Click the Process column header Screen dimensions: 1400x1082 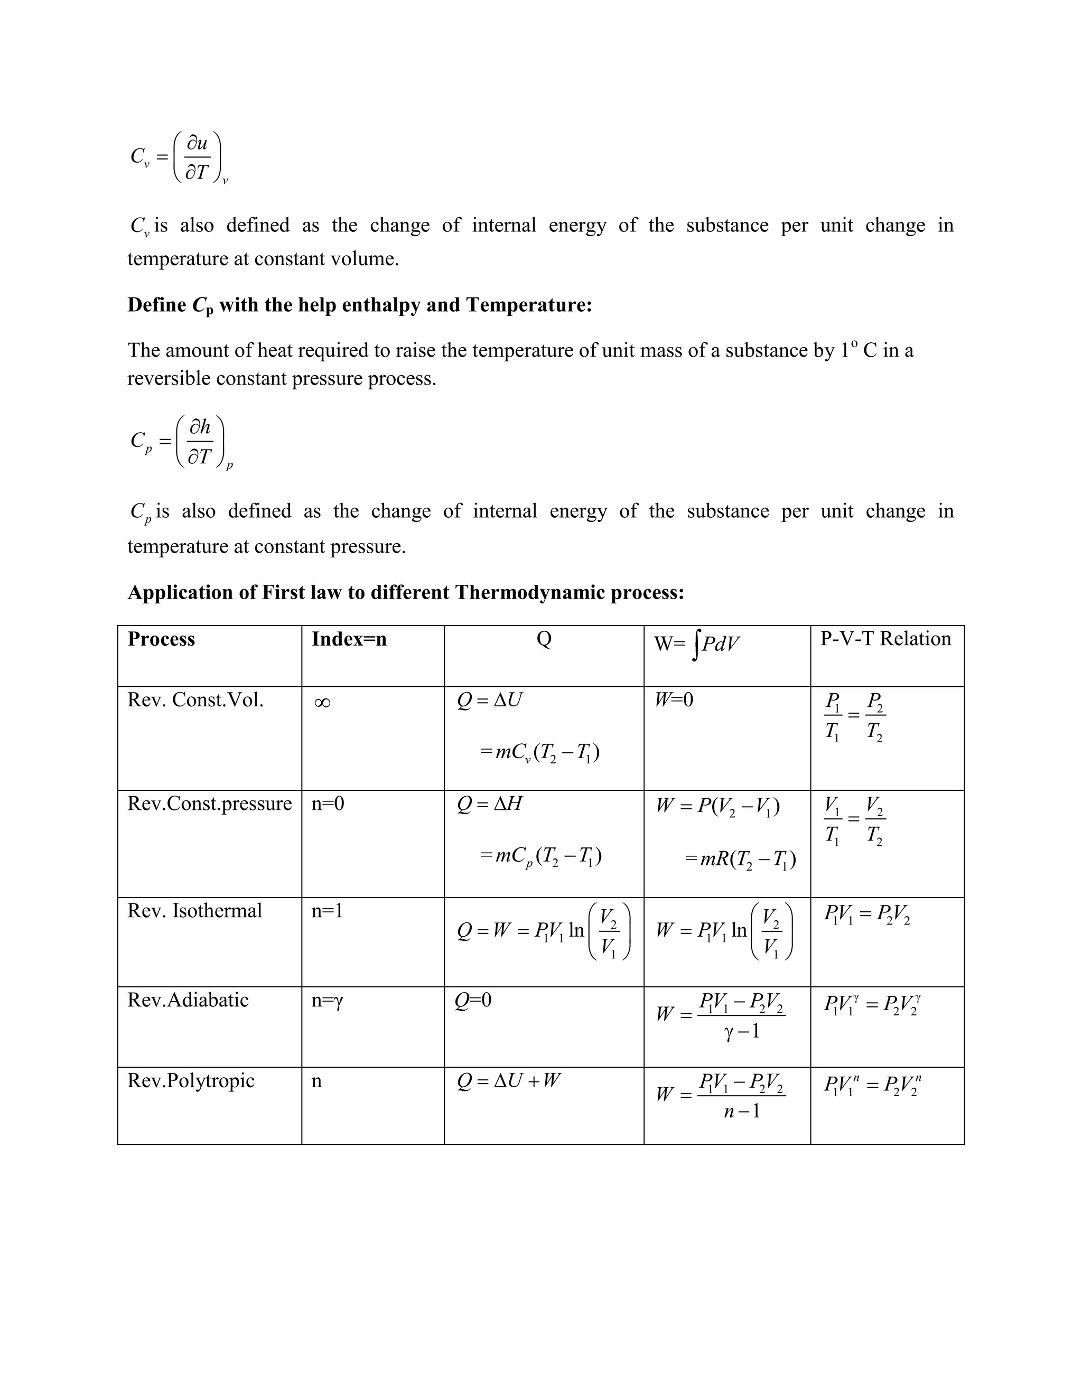click(x=161, y=639)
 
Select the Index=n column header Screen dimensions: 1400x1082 click(x=349, y=639)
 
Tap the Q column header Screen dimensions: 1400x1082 click(x=544, y=639)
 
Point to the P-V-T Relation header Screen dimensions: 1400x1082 click(x=885, y=639)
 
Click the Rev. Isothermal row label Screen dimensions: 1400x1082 click(x=194, y=911)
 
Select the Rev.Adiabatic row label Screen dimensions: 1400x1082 click(x=188, y=1000)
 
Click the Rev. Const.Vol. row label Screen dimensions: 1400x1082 click(x=195, y=700)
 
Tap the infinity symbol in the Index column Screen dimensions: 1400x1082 click(x=322, y=703)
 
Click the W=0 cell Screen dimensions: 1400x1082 click(x=674, y=699)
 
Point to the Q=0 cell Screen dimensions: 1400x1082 click(x=473, y=1000)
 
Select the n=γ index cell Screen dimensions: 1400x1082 click(x=328, y=1001)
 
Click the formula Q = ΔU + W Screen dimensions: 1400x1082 click(x=508, y=1081)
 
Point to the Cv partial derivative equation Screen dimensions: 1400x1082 click(x=179, y=157)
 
